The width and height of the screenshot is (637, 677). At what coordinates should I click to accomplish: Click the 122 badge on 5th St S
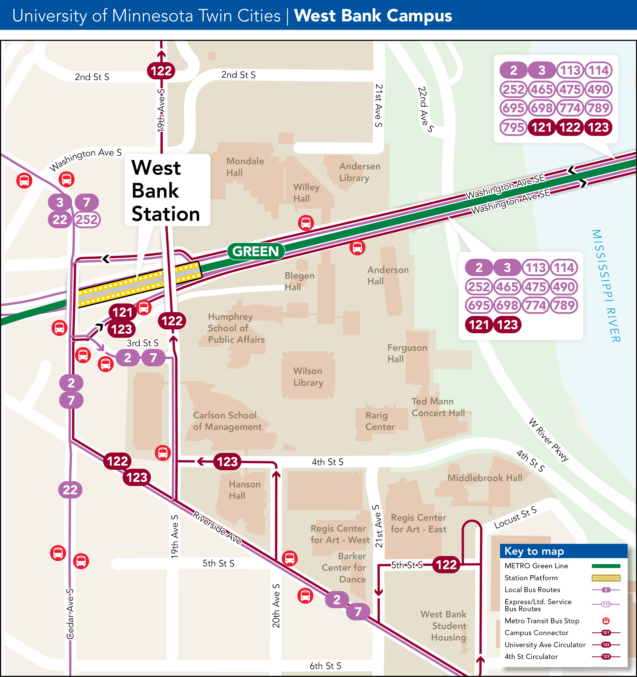coord(446,565)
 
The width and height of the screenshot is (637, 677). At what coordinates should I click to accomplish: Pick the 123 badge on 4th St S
coord(227,462)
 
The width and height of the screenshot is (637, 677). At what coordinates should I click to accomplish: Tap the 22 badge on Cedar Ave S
coord(70,490)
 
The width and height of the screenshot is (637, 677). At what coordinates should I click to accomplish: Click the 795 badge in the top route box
coord(513,127)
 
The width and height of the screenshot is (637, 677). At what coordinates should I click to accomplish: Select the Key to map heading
coord(534,551)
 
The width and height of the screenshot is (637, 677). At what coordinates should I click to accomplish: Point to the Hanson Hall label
coord(244,490)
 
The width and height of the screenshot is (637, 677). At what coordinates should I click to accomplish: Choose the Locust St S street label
coord(515,518)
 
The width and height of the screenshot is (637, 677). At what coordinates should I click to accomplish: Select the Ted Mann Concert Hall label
coord(438,407)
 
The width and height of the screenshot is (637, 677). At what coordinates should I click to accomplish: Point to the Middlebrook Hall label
coord(484,478)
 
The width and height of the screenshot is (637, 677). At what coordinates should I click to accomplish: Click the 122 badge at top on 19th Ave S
coord(161,71)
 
